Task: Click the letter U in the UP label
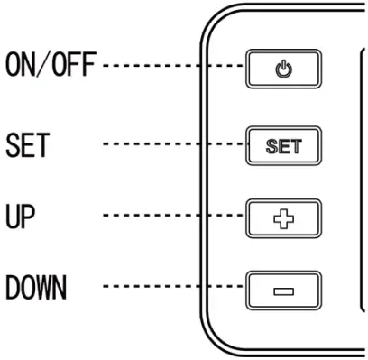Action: [13, 217]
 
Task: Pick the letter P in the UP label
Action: [32, 217]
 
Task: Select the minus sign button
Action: [283, 291]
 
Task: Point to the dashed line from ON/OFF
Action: [171, 67]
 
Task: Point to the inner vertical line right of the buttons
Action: [359, 180]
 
